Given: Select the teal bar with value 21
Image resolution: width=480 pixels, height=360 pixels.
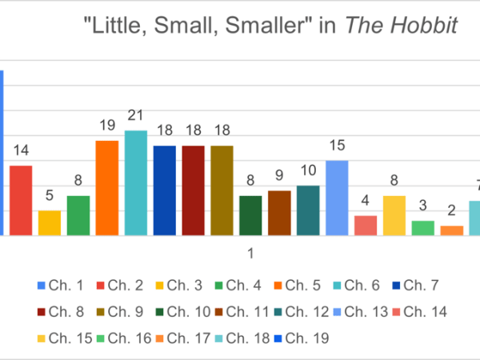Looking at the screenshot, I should tap(136, 183).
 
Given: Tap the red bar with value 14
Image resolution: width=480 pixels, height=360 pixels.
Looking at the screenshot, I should tap(21, 201).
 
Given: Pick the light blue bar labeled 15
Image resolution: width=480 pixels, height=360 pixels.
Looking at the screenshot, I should tap(337, 198).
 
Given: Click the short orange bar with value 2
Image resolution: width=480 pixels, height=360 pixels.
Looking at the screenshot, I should tap(452, 230).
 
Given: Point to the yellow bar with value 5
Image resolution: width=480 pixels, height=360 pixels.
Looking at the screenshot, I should tap(50, 223).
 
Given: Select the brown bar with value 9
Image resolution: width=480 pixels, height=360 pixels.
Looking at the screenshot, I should tap(279, 213).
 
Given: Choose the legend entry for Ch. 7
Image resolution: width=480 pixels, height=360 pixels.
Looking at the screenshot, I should tap(417, 285).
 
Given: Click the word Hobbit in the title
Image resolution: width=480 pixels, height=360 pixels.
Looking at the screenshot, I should tap(429, 26).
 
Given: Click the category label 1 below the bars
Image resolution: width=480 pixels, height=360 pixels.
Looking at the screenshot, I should tap(250, 254).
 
